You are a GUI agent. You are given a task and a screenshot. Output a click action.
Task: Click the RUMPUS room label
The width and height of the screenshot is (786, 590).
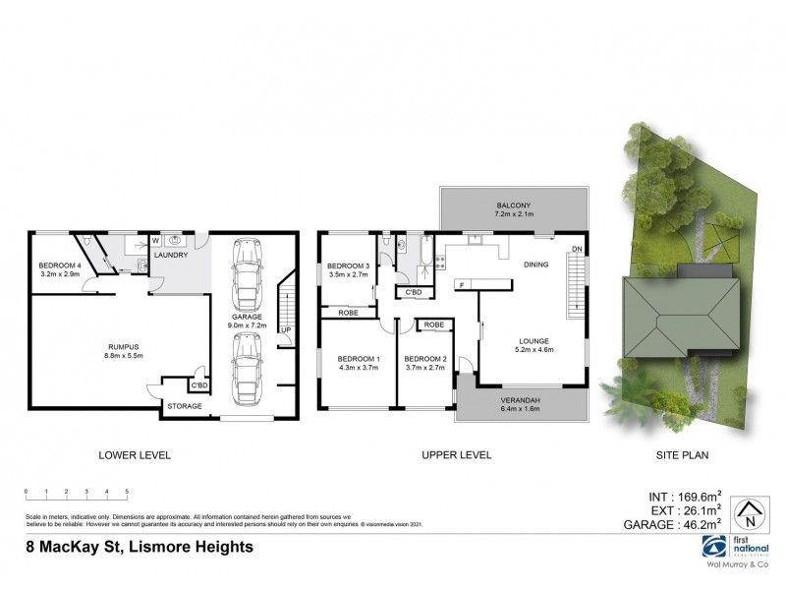click(x=121, y=345)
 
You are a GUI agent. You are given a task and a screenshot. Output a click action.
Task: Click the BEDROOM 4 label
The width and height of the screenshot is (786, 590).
click(x=59, y=265)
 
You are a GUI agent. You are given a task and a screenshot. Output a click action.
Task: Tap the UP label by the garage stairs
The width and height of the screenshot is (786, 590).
click(x=284, y=330)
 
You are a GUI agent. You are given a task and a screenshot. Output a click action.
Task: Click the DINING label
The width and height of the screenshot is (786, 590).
click(x=535, y=265)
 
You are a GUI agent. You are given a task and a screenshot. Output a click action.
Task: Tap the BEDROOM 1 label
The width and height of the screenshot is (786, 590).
click(x=358, y=358)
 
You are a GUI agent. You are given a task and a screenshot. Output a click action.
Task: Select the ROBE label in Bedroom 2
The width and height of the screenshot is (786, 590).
click(x=433, y=324)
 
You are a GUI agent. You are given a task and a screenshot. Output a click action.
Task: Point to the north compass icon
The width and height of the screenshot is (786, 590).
click(x=751, y=510)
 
